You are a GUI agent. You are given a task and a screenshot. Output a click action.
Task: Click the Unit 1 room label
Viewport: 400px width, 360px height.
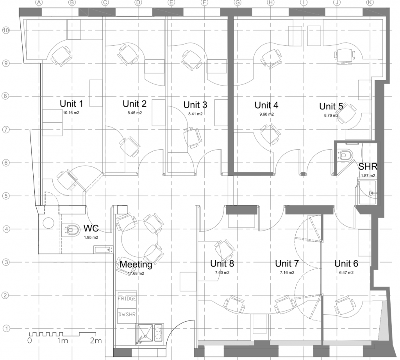click(x=71, y=104)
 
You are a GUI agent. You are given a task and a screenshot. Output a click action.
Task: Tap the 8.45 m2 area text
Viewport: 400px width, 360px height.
click(x=135, y=113)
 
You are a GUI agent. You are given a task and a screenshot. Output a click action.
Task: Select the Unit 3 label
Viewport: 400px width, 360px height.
click(x=195, y=105)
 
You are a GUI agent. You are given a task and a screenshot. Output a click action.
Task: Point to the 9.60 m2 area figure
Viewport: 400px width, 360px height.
click(x=266, y=115)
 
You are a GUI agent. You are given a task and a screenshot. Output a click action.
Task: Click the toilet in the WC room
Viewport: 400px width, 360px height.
click(x=72, y=230)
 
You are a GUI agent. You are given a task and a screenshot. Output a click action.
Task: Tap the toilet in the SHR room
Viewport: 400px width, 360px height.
click(x=346, y=155)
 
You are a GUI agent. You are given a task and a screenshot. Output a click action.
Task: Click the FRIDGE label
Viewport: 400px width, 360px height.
click(x=127, y=299)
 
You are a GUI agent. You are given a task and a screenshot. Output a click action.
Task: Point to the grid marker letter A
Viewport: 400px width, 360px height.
click(x=39, y=3)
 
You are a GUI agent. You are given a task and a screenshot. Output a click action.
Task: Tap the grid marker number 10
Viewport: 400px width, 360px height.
click(x=5, y=30)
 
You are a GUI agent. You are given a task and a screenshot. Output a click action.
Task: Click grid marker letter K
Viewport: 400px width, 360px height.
click(x=370, y=3)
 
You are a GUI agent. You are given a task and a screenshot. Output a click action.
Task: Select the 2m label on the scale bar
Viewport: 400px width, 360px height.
click(x=96, y=340)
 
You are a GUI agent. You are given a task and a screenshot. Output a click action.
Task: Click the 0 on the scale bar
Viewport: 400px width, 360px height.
click(x=30, y=340)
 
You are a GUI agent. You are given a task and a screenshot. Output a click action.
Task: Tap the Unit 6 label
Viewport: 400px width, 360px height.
click(x=346, y=263)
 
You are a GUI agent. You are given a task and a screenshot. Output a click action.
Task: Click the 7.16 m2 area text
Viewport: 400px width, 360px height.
click(x=287, y=273)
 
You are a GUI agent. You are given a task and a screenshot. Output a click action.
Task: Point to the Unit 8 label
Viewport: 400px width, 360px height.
click(x=222, y=263)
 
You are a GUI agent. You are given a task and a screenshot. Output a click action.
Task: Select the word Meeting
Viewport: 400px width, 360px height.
click(x=136, y=265)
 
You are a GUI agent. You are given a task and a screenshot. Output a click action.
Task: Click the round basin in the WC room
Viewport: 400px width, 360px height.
click(x=48, y=223)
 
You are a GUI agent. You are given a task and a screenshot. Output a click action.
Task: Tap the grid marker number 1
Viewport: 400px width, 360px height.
click(x=6, y=328)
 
